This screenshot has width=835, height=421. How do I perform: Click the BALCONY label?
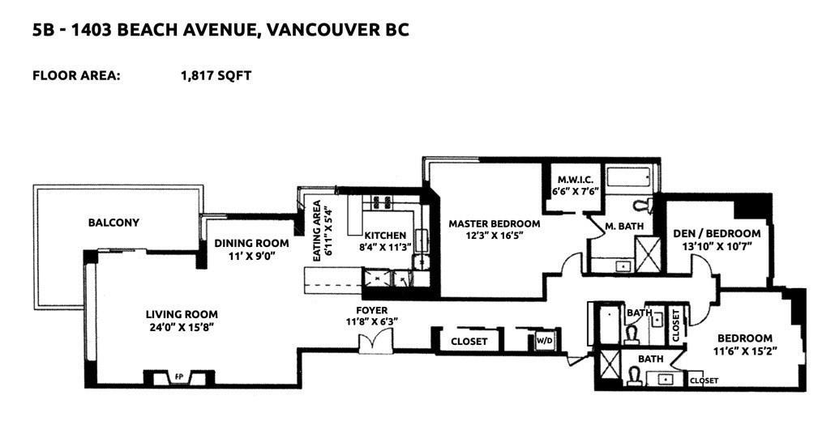pyautogui.click(x=113, y=223)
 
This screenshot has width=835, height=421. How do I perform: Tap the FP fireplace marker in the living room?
pyautogui.click(x=179, y=377)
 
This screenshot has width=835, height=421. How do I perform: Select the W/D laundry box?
pyautogui.click(x=544, y=341)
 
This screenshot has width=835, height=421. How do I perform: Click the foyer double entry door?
pyautogui.click(x=375, y=341)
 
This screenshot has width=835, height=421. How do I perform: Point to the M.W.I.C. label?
pyautogui.click(x=572, y=181)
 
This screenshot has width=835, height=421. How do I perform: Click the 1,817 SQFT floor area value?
pyautogui.click(x=216, y=75)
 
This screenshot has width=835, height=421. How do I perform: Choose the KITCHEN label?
pyautogui.click(x=385, y=236)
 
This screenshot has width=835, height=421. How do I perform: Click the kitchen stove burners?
pyautogui.click(x=381, y=202)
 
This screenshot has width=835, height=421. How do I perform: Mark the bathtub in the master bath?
pyautogui.click(x=629, y=177)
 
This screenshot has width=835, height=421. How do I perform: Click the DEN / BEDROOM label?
pyautogui.click(x=717, y=233)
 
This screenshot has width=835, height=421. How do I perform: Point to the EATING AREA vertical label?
pyautogui.click(x=318, y=231)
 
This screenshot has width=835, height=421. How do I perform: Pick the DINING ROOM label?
pyautogui.click(x=251, y=244)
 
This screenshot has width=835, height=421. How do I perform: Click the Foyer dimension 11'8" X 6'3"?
pyautogui.click(x=373, y=321)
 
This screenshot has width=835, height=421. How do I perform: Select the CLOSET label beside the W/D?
pyautogui.click(x=469, y=342)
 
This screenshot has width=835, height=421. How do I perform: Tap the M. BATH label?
pyautogui.click(x=624, y=227)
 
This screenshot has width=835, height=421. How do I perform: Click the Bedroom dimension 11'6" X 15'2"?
pyautogui.click(x=744, y=351)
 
